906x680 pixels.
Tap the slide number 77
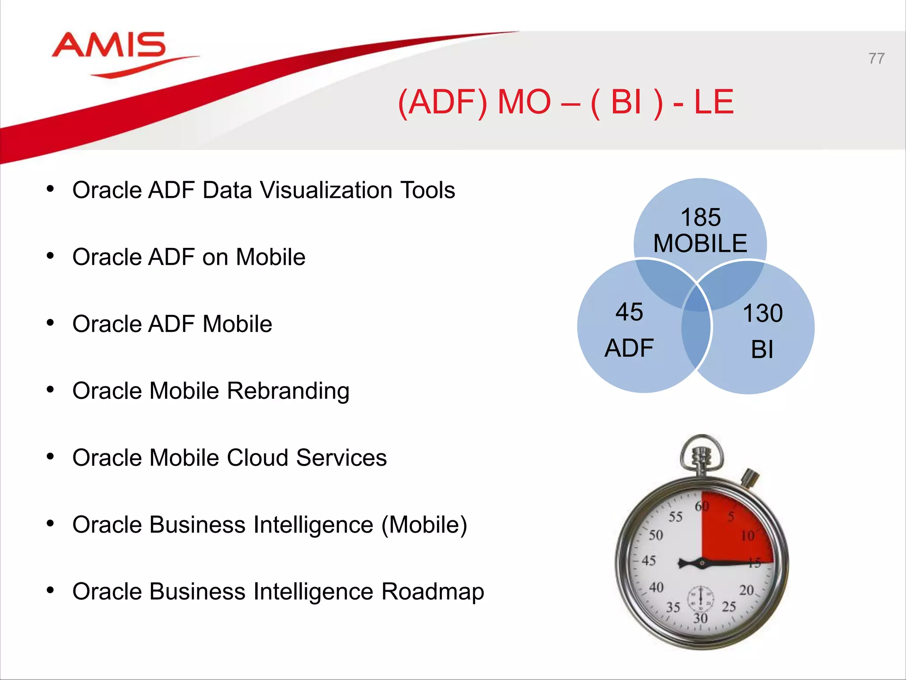click(876, 58)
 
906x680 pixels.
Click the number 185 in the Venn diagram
click(700, 217)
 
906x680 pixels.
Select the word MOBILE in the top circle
click(700, 243)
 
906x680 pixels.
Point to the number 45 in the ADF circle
click(629, 312)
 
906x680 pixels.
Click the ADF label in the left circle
click(629, 348)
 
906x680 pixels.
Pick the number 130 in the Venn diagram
click(762, 313)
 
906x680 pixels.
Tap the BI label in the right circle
click(762, 350)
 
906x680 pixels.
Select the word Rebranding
click(288, 391)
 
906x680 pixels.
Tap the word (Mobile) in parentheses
click(424, 525)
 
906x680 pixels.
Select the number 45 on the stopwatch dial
click(649, 560)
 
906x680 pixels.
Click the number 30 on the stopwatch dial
click(700, 618)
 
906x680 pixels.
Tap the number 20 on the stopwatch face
click(746, 590)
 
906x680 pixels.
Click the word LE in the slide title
click(714, 102)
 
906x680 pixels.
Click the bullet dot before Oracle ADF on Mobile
click(50, 256)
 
